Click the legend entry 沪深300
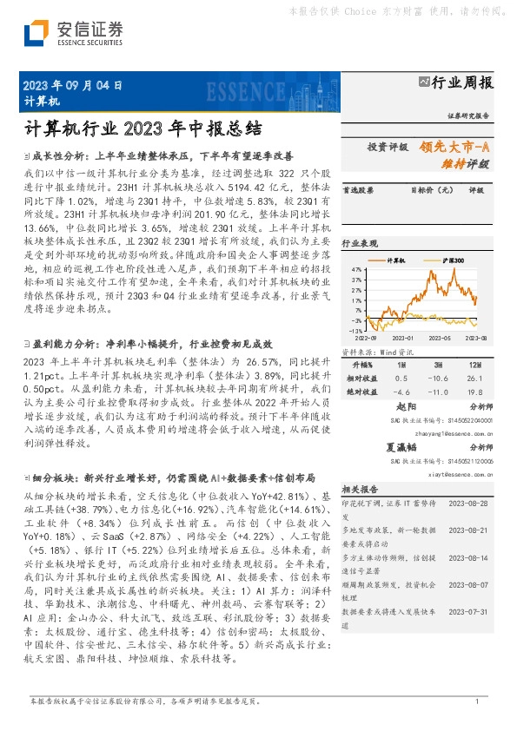tap(453, 260)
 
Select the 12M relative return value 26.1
tap(476, 378)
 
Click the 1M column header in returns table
tap(401, 365)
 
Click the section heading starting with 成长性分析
tap(164, 156)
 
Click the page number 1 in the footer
tap(477, 701)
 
